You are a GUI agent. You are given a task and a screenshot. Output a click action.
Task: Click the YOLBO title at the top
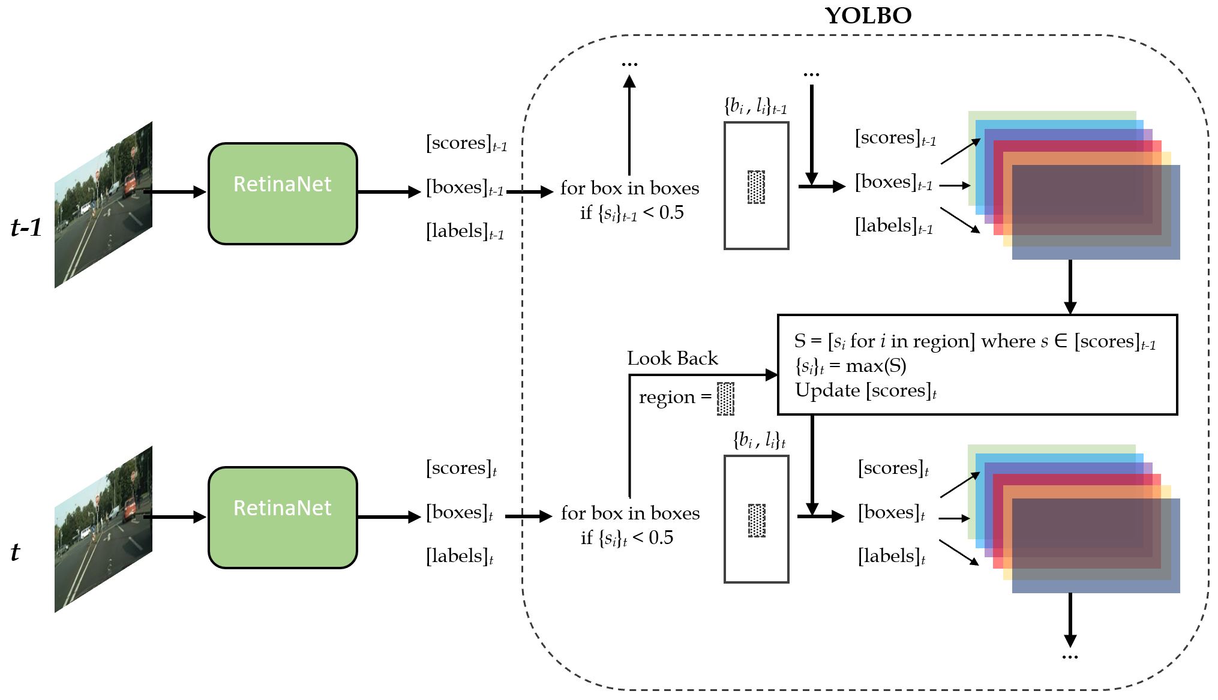pyautogui.click(x=868, y=16)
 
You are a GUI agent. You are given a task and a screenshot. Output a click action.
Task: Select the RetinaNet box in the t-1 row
pyautogui.click(x=283, y=193)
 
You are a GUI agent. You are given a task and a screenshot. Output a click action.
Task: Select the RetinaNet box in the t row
pyautogui.click(x=283, y=517)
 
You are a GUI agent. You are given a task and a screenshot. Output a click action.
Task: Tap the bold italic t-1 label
pyautogui.click(x=26, y=227)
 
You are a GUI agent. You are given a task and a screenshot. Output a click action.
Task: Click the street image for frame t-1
pyautogui.click(x=103, y=205)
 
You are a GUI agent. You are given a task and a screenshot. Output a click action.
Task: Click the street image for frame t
pyautogui.click(x=103, y=529)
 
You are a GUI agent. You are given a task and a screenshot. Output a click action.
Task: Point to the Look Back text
pyautogui.click(x=672, y=358)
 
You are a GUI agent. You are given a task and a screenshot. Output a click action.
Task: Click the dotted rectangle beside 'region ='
pyautogui.click(x=725, y=398)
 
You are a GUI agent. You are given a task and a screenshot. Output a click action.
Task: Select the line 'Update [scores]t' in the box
pyautogui.click(x=865, y=390)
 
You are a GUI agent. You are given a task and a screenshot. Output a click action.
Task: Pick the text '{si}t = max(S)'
pyautogui.click(x=850, y=366)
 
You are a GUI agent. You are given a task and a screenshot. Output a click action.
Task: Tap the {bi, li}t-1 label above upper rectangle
pyautogui.click(x=755, y=106)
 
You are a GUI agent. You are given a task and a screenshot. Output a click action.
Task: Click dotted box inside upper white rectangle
pyautogui.click(x=756, y=187)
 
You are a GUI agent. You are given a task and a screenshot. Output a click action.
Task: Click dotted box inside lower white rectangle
pyautogui.click(x=757, y=520)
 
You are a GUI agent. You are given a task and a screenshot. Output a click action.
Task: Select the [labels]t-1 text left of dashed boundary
pyautogui.click(x=465, y=231)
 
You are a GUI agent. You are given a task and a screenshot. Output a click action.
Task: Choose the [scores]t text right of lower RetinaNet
pyautogui.click(x=461, y=468)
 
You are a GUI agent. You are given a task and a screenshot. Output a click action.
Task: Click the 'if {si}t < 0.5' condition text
pyautogui.click(x=626, y=537)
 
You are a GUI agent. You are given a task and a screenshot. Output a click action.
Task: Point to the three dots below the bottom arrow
pyautogui.click(x=1070, y=657)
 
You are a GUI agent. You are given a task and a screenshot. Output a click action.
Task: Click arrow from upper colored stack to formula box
pyautogui.click(x=1070, y=287)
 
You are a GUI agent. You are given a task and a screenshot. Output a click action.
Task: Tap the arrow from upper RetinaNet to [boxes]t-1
pyautogui.click(x=389, y=192)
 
